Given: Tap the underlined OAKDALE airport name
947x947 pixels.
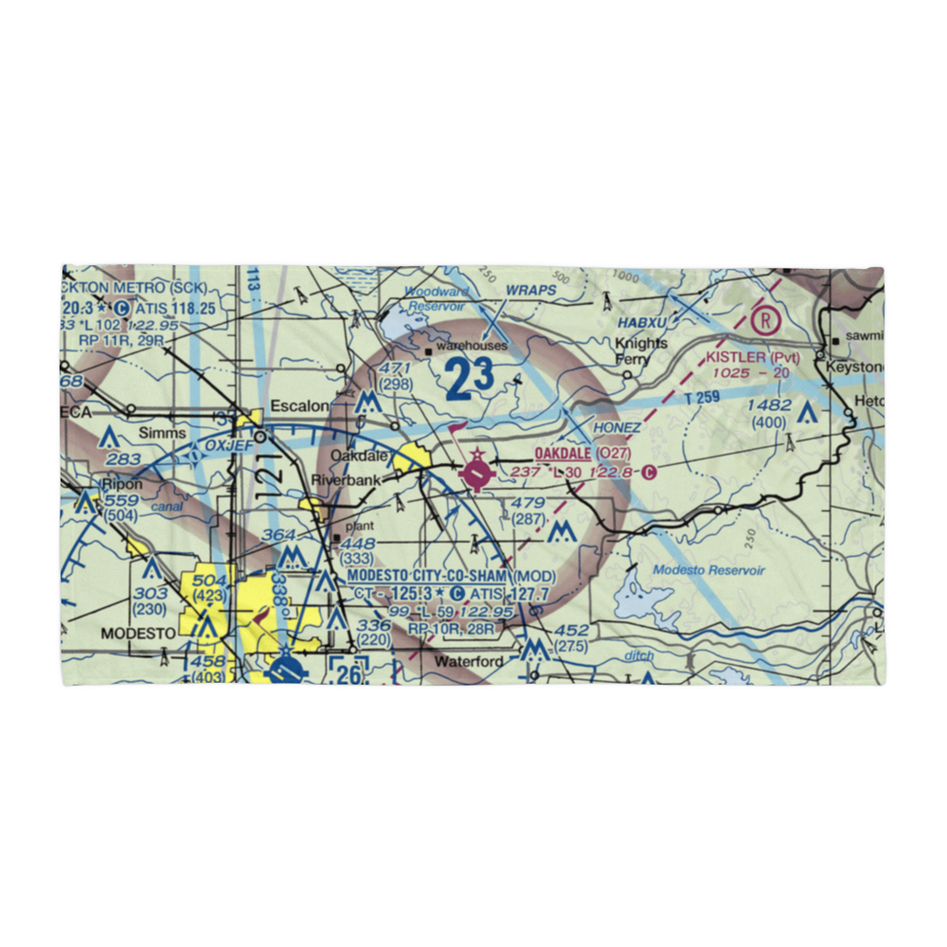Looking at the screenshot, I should [564, 455].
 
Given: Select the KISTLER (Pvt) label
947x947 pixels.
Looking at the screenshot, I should [753, 358].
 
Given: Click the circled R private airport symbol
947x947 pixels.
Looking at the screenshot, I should [764, 320].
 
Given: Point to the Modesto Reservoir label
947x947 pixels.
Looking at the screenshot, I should [708, 571].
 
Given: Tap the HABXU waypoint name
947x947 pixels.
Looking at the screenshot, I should [644, 322].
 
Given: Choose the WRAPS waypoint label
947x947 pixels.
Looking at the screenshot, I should [526, 290].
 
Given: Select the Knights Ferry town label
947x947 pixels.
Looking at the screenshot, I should [641, 351].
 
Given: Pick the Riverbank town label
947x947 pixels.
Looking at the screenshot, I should [350, 481].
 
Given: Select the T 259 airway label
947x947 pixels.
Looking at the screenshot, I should [702, 401].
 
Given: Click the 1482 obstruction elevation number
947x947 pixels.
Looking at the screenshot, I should [768, 405].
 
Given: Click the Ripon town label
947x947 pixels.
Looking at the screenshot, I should [124, 484].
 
